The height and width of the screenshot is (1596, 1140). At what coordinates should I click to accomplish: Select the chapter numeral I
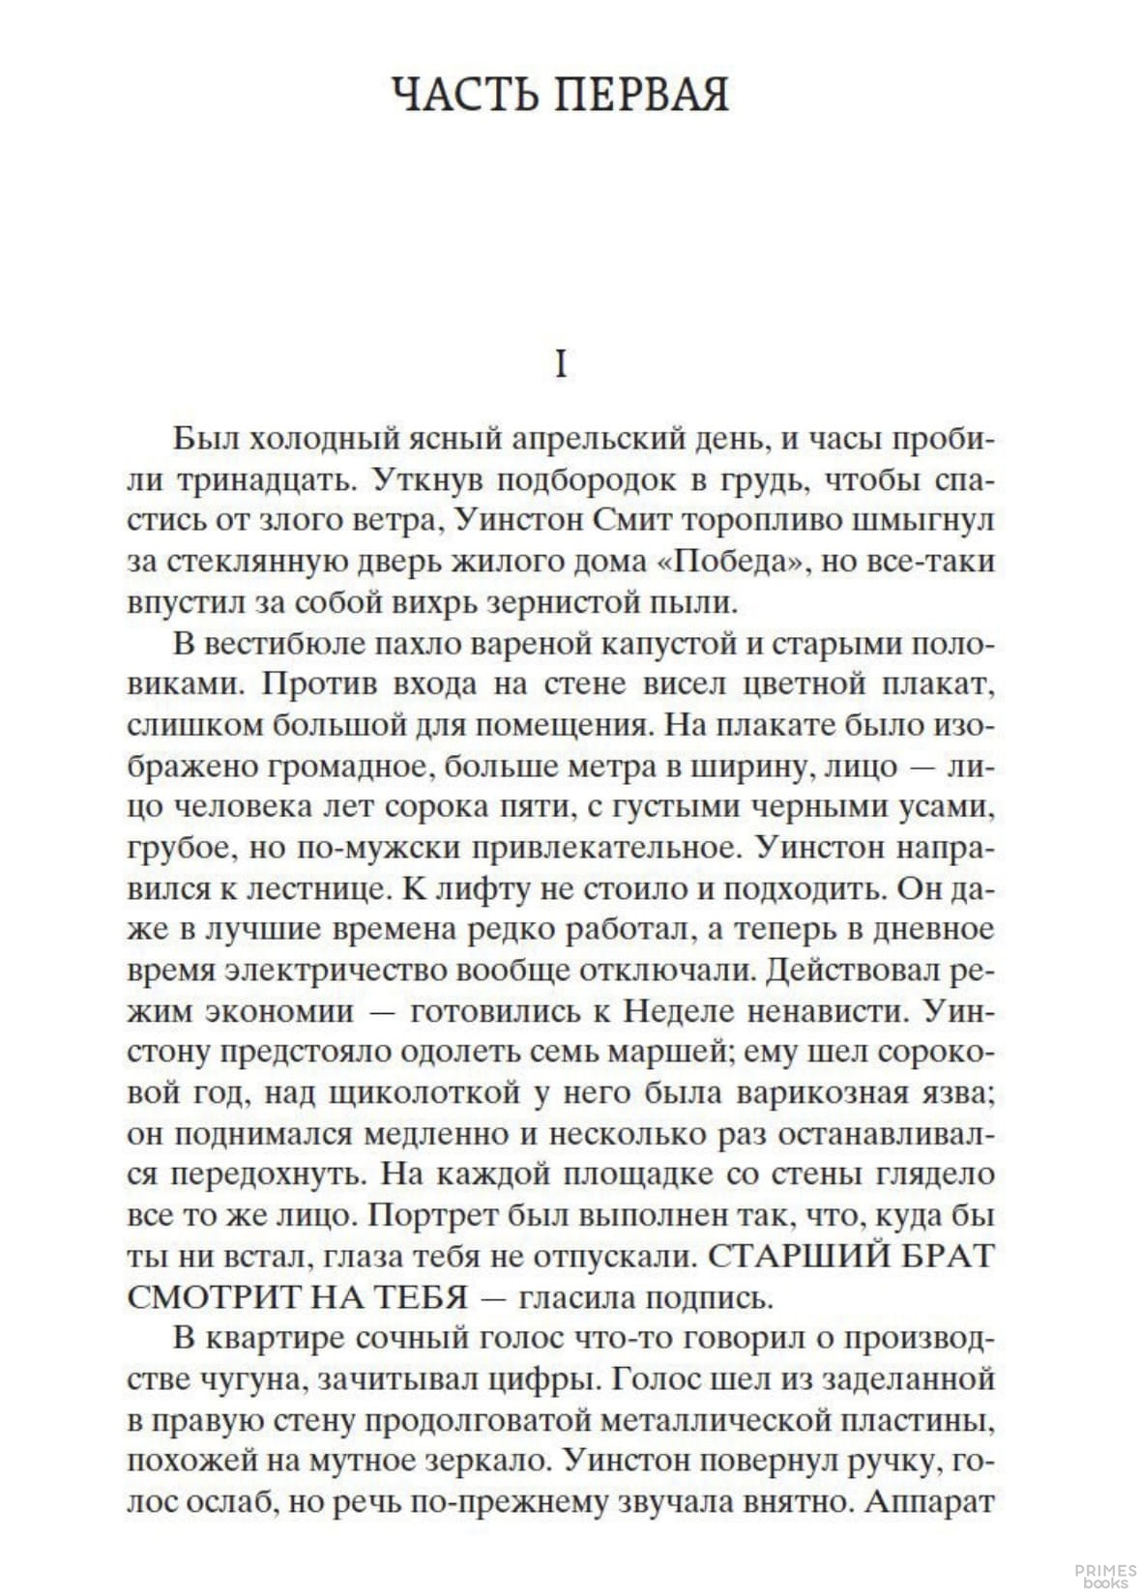click(x=561, y=365)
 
